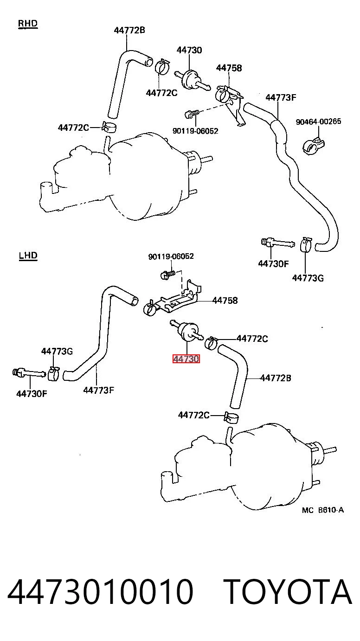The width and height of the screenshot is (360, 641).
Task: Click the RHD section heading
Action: point(28,24)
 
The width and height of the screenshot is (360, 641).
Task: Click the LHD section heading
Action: point(28,255)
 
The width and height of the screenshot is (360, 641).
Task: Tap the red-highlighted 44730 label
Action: point(186,359)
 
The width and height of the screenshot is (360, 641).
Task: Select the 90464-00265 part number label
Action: point(319,122)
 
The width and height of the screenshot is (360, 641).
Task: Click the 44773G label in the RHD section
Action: point(308,278)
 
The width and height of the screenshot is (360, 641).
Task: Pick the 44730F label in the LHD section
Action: point(32,394)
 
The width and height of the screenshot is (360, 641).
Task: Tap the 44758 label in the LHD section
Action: point(225,301)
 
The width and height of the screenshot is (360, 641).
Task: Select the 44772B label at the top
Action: point(129,30)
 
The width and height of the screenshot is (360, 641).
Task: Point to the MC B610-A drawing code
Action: point(323,510)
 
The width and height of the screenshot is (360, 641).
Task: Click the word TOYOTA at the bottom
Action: point(289,592)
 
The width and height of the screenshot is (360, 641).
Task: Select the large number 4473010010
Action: point(100,592)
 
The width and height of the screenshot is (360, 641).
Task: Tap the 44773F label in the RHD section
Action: point(281,97)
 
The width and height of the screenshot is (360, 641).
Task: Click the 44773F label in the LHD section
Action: point(99,390)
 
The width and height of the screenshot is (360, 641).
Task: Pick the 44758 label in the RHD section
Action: point(229,68)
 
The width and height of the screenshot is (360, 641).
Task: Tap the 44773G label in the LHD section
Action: point(57,351)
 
